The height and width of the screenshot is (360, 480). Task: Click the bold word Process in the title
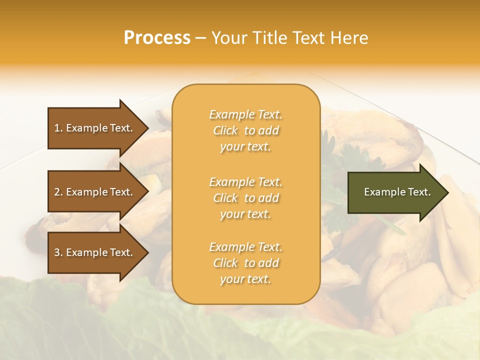(x=157, y=38)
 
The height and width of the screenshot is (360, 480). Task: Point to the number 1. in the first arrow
(x=58, y=128)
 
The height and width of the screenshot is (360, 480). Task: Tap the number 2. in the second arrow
(x=58, y=192)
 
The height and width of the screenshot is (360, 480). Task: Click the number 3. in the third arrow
(x=58, y=252)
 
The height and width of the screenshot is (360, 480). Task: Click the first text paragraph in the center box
(x=245, y=130)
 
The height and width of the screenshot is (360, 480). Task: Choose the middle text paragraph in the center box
(x=245, y=198)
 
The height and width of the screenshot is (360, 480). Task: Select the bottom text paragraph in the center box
(x=245, y=263)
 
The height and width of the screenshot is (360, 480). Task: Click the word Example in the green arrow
(x=381, y=192)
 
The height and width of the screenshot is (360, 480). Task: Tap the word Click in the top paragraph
(x=225, y=130)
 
